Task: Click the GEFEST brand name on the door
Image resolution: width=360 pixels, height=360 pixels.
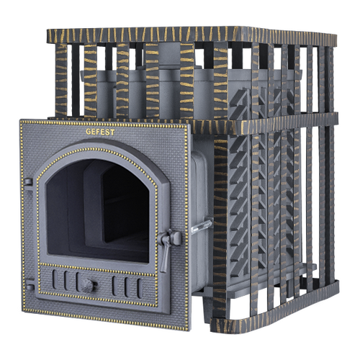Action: [100, 132]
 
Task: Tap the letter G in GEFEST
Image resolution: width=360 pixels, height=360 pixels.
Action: [88, 132]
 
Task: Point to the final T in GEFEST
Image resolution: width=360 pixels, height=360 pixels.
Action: [112, 132]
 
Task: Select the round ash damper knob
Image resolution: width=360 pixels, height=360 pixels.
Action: [87, 285]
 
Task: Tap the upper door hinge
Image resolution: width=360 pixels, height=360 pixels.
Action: [28, 182]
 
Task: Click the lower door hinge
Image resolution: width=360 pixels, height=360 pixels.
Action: [30, 286]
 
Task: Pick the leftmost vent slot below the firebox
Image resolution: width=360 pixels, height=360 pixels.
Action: [55, 279]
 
